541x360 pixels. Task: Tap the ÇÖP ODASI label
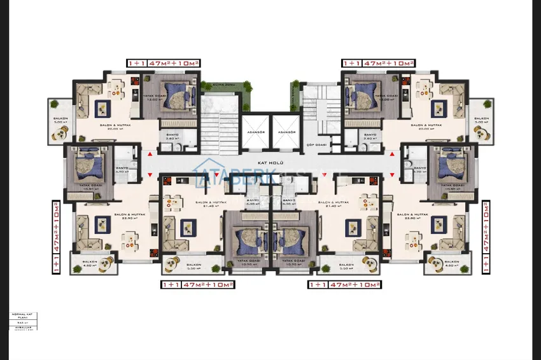click(316, 145)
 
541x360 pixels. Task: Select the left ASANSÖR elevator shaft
click(256, 134)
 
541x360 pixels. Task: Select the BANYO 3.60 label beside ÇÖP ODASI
click(370, 137)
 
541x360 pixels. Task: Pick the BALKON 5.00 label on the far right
click(481, 120)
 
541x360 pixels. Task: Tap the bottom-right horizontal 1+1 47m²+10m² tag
click(344, 284)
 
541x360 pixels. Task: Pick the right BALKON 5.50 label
click(346, 266)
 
